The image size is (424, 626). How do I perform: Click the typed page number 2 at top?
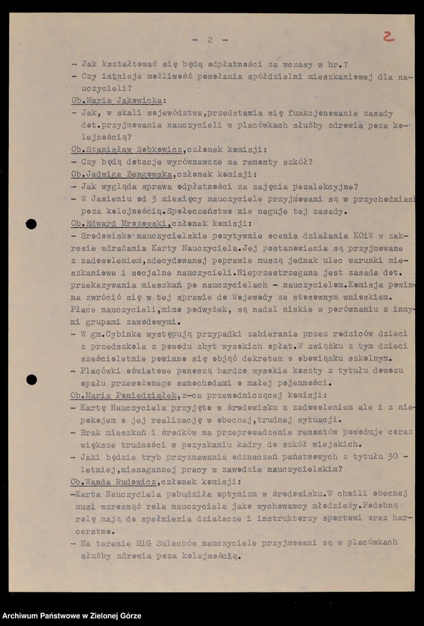click(x=211, y=39)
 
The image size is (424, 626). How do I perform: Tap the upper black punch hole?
click(x=31, y=224)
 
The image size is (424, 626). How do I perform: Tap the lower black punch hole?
click(x=31, y=380)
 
